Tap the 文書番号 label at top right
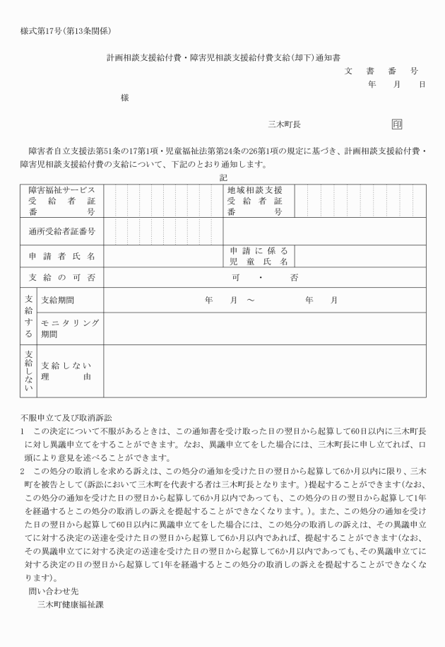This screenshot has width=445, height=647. (381, 71)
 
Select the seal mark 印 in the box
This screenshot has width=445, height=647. (397, 124)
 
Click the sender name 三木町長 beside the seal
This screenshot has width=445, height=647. (284, 124)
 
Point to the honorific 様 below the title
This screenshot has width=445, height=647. (125, 98)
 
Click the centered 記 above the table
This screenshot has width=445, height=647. (223, 177)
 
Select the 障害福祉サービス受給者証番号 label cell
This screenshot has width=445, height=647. (62, 201)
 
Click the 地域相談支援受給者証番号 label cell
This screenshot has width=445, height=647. (255, 201)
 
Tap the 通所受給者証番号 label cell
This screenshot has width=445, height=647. (62, 231)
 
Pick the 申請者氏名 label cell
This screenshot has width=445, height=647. (62, 255)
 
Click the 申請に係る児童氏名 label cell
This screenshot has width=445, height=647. (259, 256)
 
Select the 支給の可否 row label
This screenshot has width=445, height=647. (62, 277)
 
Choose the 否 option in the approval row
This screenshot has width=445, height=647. (294, 277)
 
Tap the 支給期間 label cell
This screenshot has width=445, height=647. (58, 301)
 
